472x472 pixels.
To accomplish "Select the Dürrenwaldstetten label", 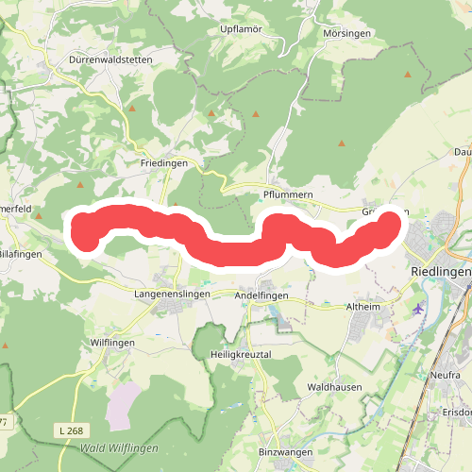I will coord(110,59).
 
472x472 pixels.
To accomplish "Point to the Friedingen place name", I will coord(164,163).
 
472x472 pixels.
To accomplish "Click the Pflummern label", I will coord(287,195).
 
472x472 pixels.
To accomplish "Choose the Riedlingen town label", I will coord(441,271).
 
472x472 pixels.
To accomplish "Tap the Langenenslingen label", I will coord(169,295).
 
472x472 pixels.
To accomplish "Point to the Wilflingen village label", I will coord(112,343).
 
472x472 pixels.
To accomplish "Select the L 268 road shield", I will coord(68,430).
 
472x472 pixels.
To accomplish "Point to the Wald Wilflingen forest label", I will coord(120,447).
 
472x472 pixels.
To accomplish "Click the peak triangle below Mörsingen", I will coord(342,143).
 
